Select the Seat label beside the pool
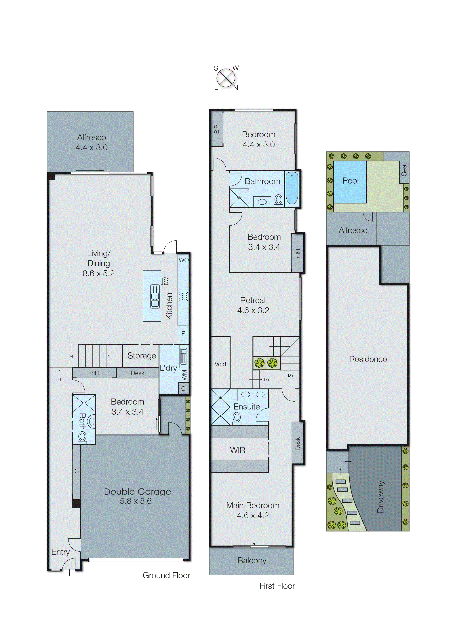pyautogui.click(x=404, y=169)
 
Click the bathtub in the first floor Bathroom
pyautogui.click(x=292, y=188)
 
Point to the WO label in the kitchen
pyautogui.click(x=183, y=260)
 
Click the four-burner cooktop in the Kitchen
pyautogui.click(x=183, y=296)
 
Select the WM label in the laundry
pyautogui.click(x=184, y=375)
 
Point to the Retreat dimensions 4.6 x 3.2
pyautogui.click(x=253, y=310)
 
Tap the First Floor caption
pyautogui.click(x=277, y=586)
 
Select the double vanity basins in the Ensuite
pyautogui.click(x=253, y=394)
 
